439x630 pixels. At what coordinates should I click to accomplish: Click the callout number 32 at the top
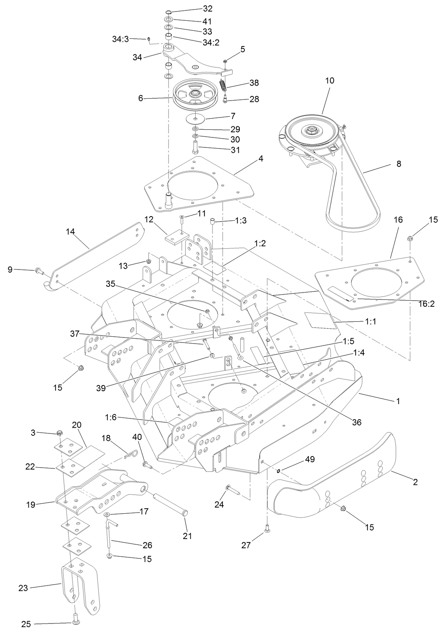pyautogui.click(x=208, y=8)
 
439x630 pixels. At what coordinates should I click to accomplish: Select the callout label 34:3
pyautogui.click(x=120, y=39)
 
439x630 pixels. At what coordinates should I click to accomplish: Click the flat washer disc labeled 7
pyautogui.click(x=196, y=118)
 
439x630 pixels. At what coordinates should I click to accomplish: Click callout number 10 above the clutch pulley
pyautogui.click(x=330, y=81)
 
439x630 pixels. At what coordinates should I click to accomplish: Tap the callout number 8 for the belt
pyautogui.click(x=398, y=164)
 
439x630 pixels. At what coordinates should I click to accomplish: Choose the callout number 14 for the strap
pyautogui.click(x=70, y=232)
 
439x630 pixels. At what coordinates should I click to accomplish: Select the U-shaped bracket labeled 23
pyautogui.click(x=79, y=590)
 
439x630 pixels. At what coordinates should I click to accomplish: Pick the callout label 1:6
pyautogui.click(x=111, y=417)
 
